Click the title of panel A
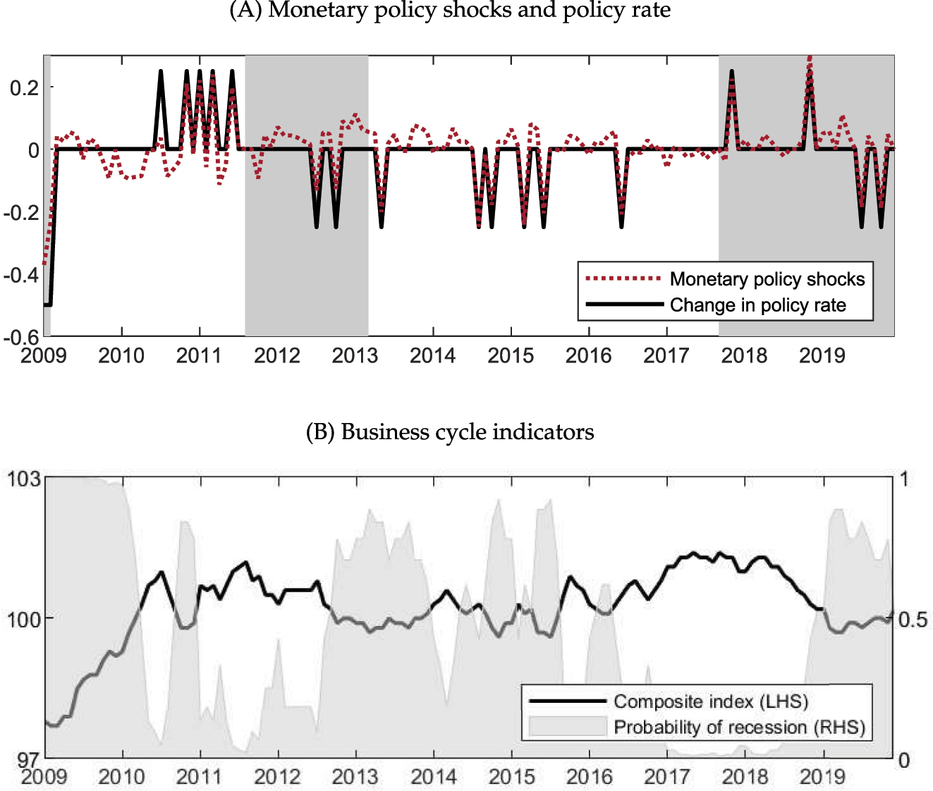point(450,10)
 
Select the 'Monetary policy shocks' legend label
point(767,279)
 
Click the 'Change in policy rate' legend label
point(757,305)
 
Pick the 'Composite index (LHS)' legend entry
point(710,701)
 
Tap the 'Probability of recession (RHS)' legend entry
point(739,727)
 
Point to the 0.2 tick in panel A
point(24,87)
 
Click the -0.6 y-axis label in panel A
point(21,337)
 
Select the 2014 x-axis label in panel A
point(432,355)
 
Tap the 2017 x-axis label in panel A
point(666,355)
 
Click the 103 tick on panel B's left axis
point(24,479)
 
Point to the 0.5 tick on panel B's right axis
point(913,619)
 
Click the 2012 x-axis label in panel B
point(277,776)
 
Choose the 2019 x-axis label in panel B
point(822,776)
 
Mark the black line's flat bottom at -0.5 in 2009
point(47,305)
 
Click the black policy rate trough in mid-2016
point(621,226)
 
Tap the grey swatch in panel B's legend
point(568,727)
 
